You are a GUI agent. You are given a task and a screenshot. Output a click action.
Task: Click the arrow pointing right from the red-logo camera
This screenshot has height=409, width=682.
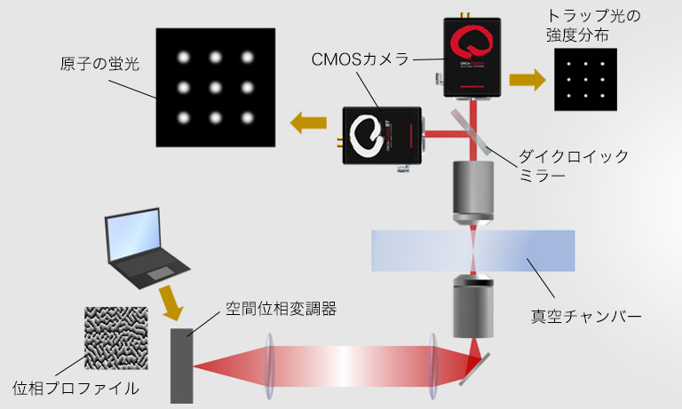click(x=527, y=80)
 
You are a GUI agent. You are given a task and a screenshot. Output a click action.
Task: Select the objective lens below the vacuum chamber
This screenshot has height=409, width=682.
click(x=471, y=306)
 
